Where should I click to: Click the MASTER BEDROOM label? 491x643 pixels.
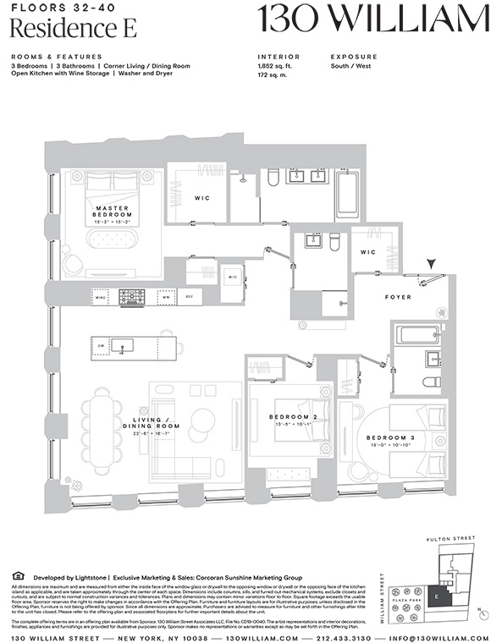coord(113,212)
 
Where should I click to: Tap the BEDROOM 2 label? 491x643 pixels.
coord(293,417)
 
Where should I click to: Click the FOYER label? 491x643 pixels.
coord(397,297)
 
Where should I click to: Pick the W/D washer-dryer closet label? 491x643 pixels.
coord(232,276)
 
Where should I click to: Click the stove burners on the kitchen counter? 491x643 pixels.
coord(132,297)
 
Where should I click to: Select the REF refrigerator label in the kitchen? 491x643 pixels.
coord(190,297)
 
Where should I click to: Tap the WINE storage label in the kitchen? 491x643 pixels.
coord(101,298)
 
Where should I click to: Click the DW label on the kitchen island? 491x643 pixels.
coord(102,345)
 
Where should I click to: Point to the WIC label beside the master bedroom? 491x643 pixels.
coord(201,198)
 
